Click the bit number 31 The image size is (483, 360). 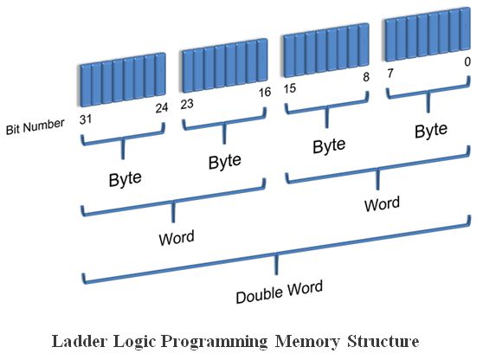[86, 119]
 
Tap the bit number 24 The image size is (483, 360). [161, 108]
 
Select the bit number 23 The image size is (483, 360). [187, 104]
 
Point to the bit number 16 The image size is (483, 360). [265, 92]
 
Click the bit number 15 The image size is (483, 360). [290, 88]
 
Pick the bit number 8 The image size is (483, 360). [366, 77]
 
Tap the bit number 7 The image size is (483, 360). [390, 73]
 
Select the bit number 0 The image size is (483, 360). [467, 62]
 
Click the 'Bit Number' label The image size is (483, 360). [35, 126]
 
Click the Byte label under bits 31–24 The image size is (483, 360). [125, 179]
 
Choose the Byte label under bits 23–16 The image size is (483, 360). [225, 161]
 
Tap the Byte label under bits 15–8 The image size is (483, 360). [329, 145]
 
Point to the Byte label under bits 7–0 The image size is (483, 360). [431, 130]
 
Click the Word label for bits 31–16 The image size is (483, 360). [177, 238]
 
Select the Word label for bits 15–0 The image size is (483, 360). [382, 203]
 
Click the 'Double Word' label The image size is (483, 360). [280, 292]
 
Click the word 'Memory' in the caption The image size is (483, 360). [307, 342]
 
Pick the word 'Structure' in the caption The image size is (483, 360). [383, 341]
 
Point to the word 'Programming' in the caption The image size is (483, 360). [215, 342]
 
